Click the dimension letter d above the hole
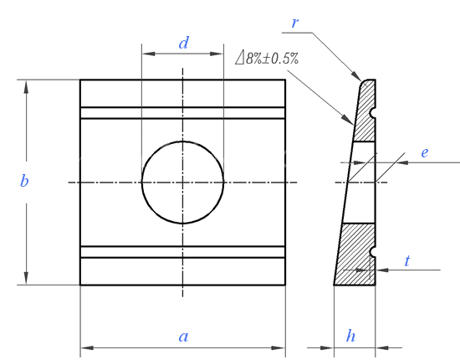click(x=184, y=44)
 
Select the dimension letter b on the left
click(x=24, y=180)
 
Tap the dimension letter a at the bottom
click(x=184, y=337)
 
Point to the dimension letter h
click(x=351, y=336)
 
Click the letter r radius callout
click(x=295, y=23)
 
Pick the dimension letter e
click(x=425, y=152)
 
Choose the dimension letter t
click(x=407, y=260)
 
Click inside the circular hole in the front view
click(x=183, y=183)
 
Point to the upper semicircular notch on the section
click(x=373, y=113)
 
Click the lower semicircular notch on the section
click(x=373, y=252)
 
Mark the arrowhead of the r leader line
click(x=357, y=75)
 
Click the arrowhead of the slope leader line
click(x=348, y=120)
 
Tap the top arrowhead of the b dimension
click(x=26, y=86)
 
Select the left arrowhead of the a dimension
click(x=87, y=347)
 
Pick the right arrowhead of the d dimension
click(x=217, y=54)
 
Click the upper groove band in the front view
click(x=183, y=113)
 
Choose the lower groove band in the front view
click(x=183, y=252)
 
